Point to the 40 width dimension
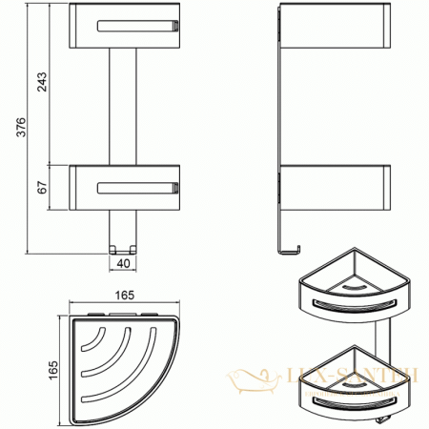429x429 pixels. (122, 263)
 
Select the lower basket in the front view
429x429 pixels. (123, 186)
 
